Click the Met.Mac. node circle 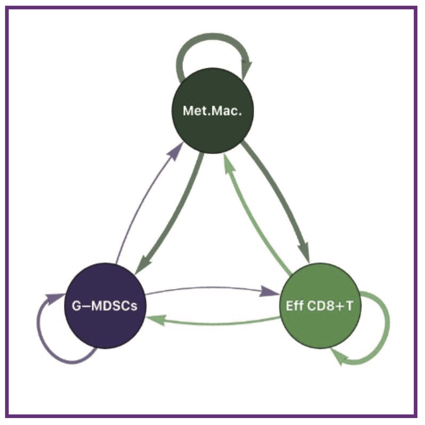[x=213, y=110]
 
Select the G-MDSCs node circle [x=105, y=306]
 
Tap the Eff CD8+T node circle [x=320, y=306]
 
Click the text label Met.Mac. [x=213, y=111]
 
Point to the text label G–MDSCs [x=105, y=306]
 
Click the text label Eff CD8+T [x=320, y=306]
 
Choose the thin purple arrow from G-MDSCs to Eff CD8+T [x=212, y=287]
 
